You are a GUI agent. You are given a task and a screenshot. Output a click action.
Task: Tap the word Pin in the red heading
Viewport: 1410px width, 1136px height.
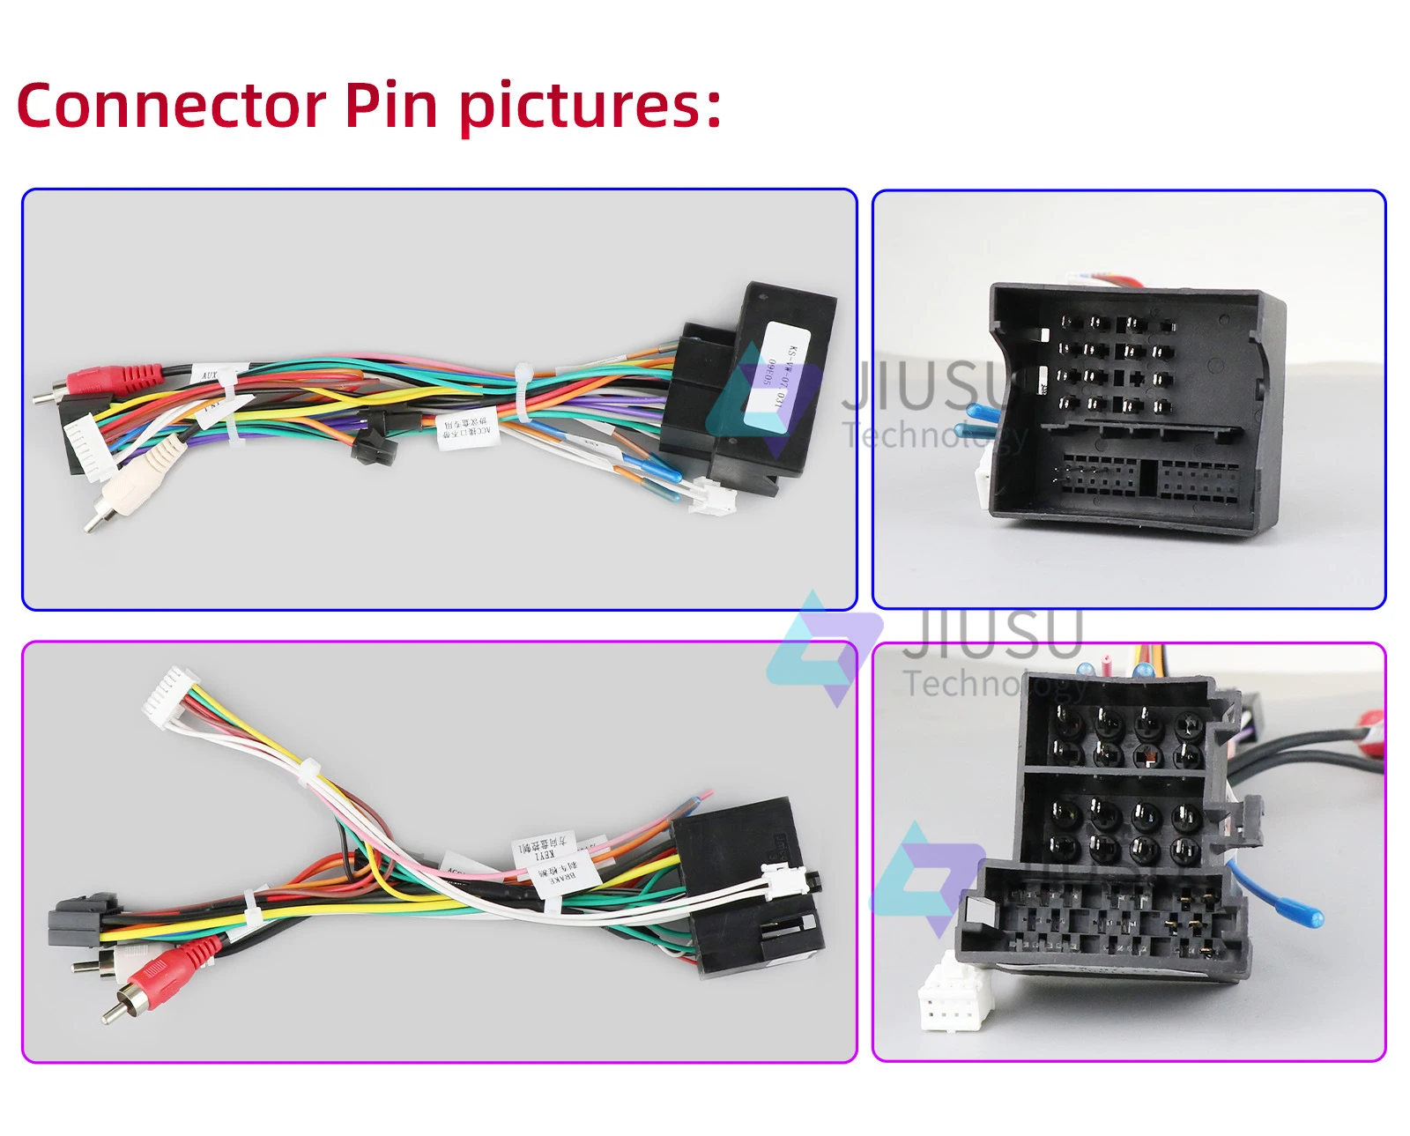pos(390,106)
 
